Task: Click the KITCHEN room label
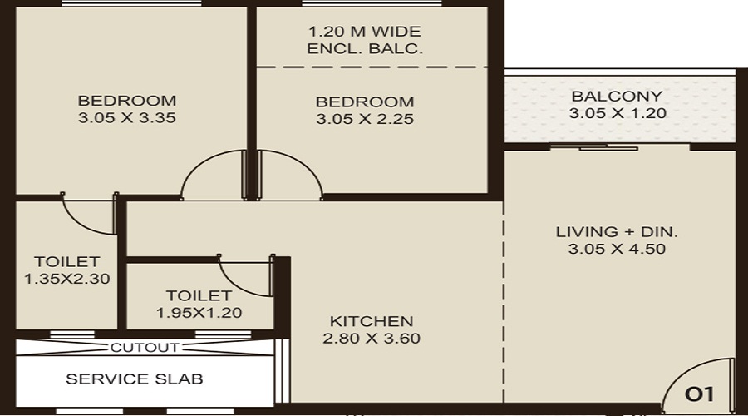pyautogui.click(x=372, y=321)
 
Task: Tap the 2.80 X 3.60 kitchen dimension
pyautogui.click(x=372, y=339)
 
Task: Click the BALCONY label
pyautogui.click(x=617, y=96)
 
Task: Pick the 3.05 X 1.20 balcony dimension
pyautogui.click(x=617, y=114)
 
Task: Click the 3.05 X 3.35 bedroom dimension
pyautogui.click(x=127, y=118)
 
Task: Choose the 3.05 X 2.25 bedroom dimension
pyautogui.click(x=365, y=119)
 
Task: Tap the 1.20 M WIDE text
pyautogui.click(x=365, y=32)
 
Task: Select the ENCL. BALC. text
pyautogui.click(x=365, y=49)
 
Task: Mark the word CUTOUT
pyautogui.click(x=145, y=348)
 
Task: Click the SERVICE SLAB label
pyautogui.click(x=135, y=379)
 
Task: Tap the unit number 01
pyautogui.click(x=697, y=392)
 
